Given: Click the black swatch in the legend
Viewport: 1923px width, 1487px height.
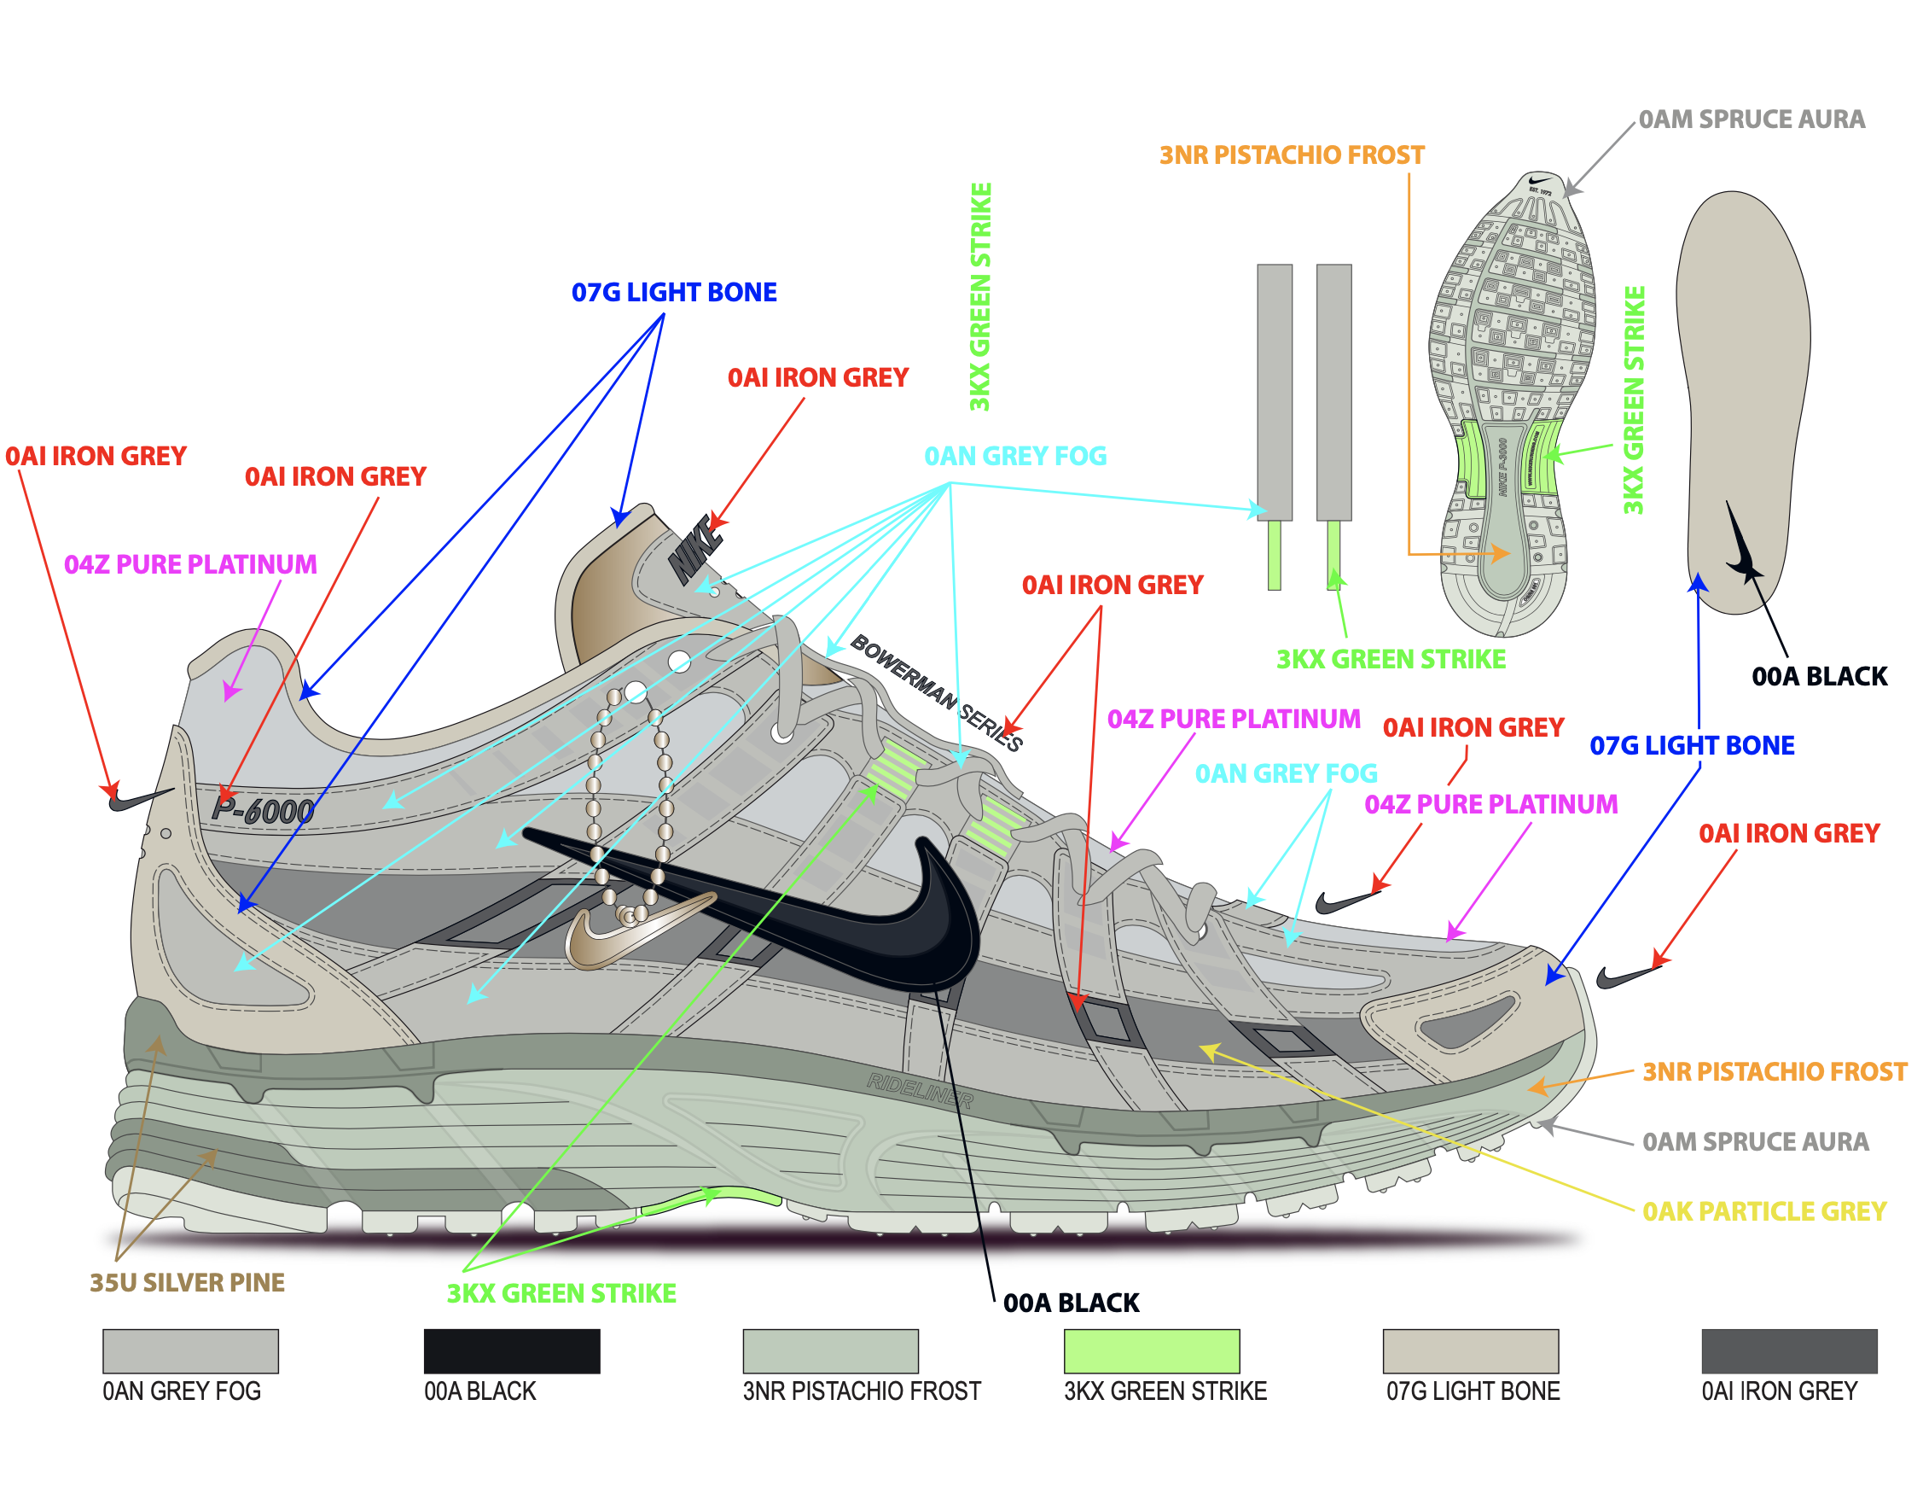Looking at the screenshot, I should pos(512,1350).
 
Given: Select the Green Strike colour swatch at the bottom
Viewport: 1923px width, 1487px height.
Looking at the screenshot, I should pos(1151,1350).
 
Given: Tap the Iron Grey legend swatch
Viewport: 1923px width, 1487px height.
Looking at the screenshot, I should pos(1788,1350).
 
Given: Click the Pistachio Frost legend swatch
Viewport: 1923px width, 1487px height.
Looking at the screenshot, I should pos(830,1350).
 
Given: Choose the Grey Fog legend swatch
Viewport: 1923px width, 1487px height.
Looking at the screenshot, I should pos(190,1350).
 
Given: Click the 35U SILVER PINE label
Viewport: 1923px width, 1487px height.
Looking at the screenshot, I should pos(187,1282).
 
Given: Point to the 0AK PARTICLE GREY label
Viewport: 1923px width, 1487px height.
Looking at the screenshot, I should pos(1763,1211).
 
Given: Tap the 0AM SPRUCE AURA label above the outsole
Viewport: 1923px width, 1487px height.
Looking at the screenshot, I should pos(1751,119).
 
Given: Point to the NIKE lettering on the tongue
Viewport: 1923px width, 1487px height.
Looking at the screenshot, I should pos(695,548).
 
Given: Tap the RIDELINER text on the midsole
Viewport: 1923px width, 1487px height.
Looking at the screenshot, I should pos(919,1091).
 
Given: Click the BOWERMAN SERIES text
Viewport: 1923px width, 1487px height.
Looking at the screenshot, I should pos(935,691).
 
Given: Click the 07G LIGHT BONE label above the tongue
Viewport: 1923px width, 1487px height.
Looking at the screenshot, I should pos(674,293).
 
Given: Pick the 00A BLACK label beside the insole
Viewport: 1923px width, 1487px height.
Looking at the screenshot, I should pos(1819,676).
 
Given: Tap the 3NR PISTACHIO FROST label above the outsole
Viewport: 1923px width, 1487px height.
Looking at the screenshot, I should pos(1291,155).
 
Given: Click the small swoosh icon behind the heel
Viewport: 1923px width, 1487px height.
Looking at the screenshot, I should pos(137,798).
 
